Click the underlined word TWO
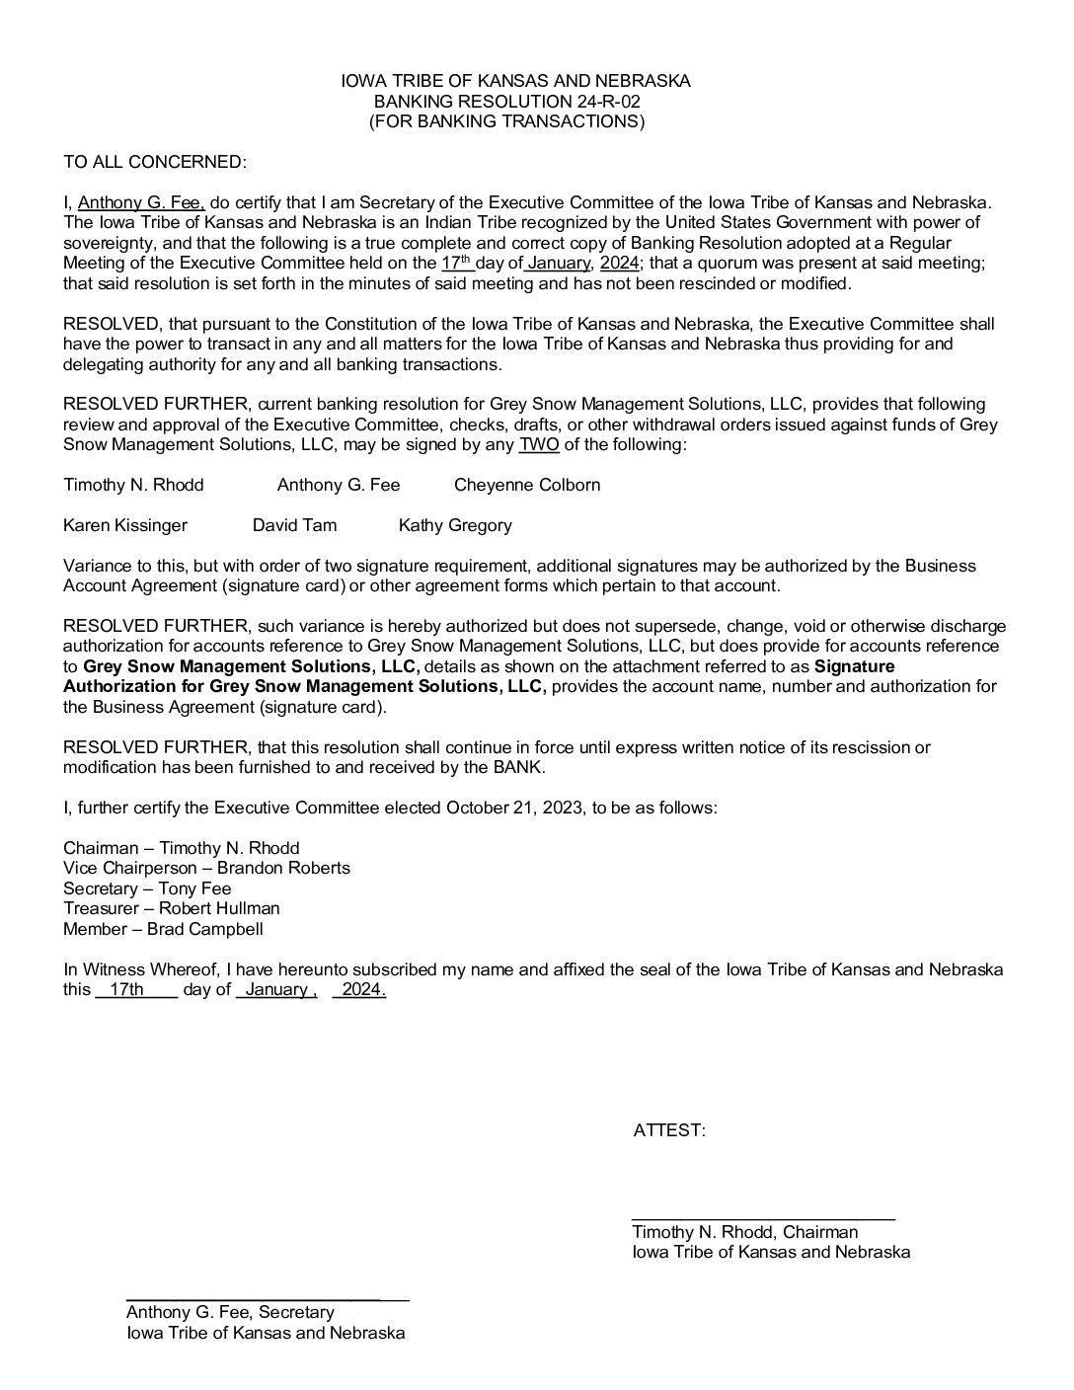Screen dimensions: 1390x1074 coord(539,444)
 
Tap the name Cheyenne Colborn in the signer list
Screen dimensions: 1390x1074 coord(527,485)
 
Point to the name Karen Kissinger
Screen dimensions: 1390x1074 coord(125,525)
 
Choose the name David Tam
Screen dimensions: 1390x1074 coord(294,525)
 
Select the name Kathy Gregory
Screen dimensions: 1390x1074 coord(455,525)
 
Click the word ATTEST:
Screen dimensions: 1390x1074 coord(669,1130)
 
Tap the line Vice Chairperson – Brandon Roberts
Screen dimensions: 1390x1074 coord(206,868)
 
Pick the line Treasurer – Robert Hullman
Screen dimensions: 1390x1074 coord(172,908)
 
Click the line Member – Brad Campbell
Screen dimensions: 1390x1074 coord(163,929)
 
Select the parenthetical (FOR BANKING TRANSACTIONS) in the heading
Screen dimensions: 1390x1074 coord(506,121)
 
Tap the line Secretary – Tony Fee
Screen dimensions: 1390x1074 coord(147,888)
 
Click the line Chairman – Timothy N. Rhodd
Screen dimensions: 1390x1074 coord(182,848)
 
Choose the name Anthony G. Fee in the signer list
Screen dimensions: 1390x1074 coord(339,485)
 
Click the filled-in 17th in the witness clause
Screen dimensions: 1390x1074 coord(125,989)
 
